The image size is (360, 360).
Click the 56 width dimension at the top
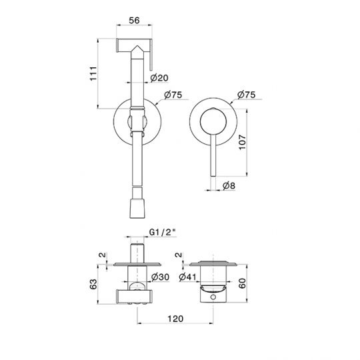click(x=134, y=20)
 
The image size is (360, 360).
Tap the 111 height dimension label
click(x=93, y=73)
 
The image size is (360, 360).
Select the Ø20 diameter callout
click(x=159, y=78)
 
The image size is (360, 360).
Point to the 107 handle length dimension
click(x=243, y=143)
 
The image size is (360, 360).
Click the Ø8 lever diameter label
click(x=229, y=185)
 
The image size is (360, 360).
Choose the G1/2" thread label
click(x=162, y=233)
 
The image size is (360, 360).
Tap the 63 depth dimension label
click(x=93, y=284)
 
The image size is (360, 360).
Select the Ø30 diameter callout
click(x=160, y=277)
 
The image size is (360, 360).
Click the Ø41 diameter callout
click(x=187, y=277)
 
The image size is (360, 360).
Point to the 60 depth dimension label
click(x=243, y=283)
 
